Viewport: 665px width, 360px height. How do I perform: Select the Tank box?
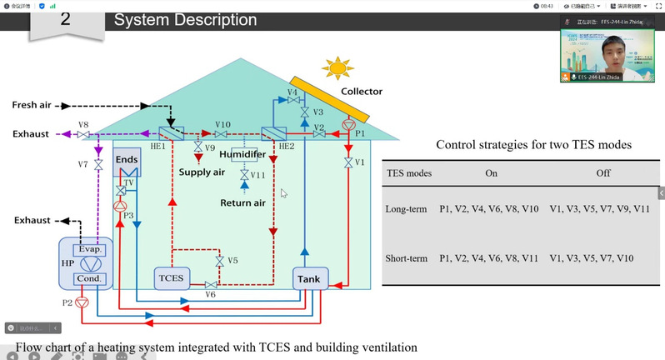point(308,278)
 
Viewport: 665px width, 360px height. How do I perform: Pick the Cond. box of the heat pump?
point(88,277)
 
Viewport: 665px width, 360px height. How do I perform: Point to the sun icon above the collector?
point(338,68)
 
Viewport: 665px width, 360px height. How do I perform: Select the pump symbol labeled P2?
point(81,302)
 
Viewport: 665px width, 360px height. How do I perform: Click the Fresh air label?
point(31,105)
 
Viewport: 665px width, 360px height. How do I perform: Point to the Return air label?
point(242,202)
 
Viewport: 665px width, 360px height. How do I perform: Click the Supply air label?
point(202,172)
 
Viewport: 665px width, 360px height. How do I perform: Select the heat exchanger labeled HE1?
point(172,133)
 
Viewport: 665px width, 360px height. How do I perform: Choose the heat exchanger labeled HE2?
point(273,134)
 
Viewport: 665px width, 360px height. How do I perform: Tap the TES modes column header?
point(409,172)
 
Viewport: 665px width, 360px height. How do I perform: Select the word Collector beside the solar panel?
point(362,91)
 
